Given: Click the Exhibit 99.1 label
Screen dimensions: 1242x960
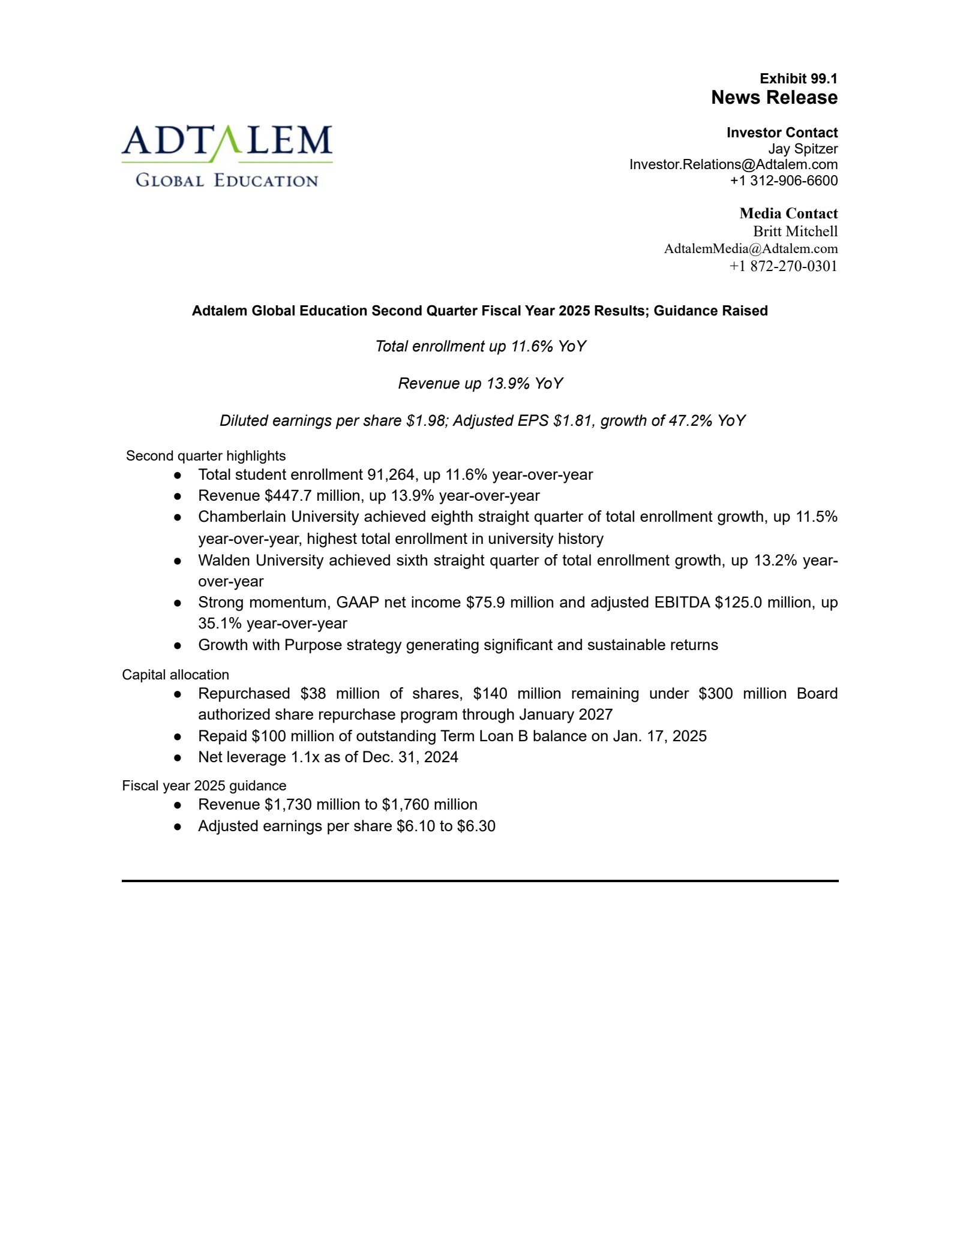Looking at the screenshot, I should [x=798, y=79].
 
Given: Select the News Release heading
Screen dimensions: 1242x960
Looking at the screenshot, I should [x=774, y=98].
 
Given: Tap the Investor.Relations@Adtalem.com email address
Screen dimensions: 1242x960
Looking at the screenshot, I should [x=733, y=164].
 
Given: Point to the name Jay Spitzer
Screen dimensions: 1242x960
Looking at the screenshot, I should [x=803, y=149].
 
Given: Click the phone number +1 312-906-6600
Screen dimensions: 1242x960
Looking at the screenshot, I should [x=784, y=181].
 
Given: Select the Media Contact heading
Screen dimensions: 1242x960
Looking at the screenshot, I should [x=788, y=213].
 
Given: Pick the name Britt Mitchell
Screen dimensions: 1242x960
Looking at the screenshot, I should [x=795, y=231].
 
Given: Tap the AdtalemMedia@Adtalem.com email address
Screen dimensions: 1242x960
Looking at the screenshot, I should [x=751, y=249].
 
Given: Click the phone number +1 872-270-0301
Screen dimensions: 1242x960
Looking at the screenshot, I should [x=783, y=266].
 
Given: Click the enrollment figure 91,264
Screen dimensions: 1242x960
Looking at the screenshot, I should [x=391, y=475].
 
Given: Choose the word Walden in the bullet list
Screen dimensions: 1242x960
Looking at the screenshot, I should [x=224, y=561].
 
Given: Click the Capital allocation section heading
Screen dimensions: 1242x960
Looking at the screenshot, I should [x=175, y=675].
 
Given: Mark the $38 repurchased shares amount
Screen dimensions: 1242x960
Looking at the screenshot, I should [x=313, y=694].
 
